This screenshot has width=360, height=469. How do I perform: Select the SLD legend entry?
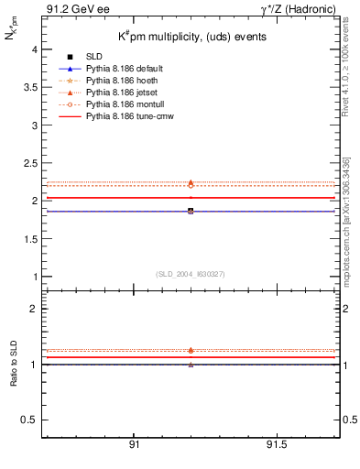pyautogui.click(x=93, y=58)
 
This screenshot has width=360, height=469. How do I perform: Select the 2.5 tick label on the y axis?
pyautogui.click(x=29, y=162)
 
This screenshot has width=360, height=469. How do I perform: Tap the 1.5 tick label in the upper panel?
pyautogui.click(x=29, y=238)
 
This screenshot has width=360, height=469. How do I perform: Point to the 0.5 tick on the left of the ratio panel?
pyautogui.click(x=29, y=420)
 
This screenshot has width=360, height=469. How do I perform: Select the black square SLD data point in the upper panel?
pyautogui.click(x=191, y=211)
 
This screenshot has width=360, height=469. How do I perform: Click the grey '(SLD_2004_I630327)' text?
pyautogui.click(x=191, y=274)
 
